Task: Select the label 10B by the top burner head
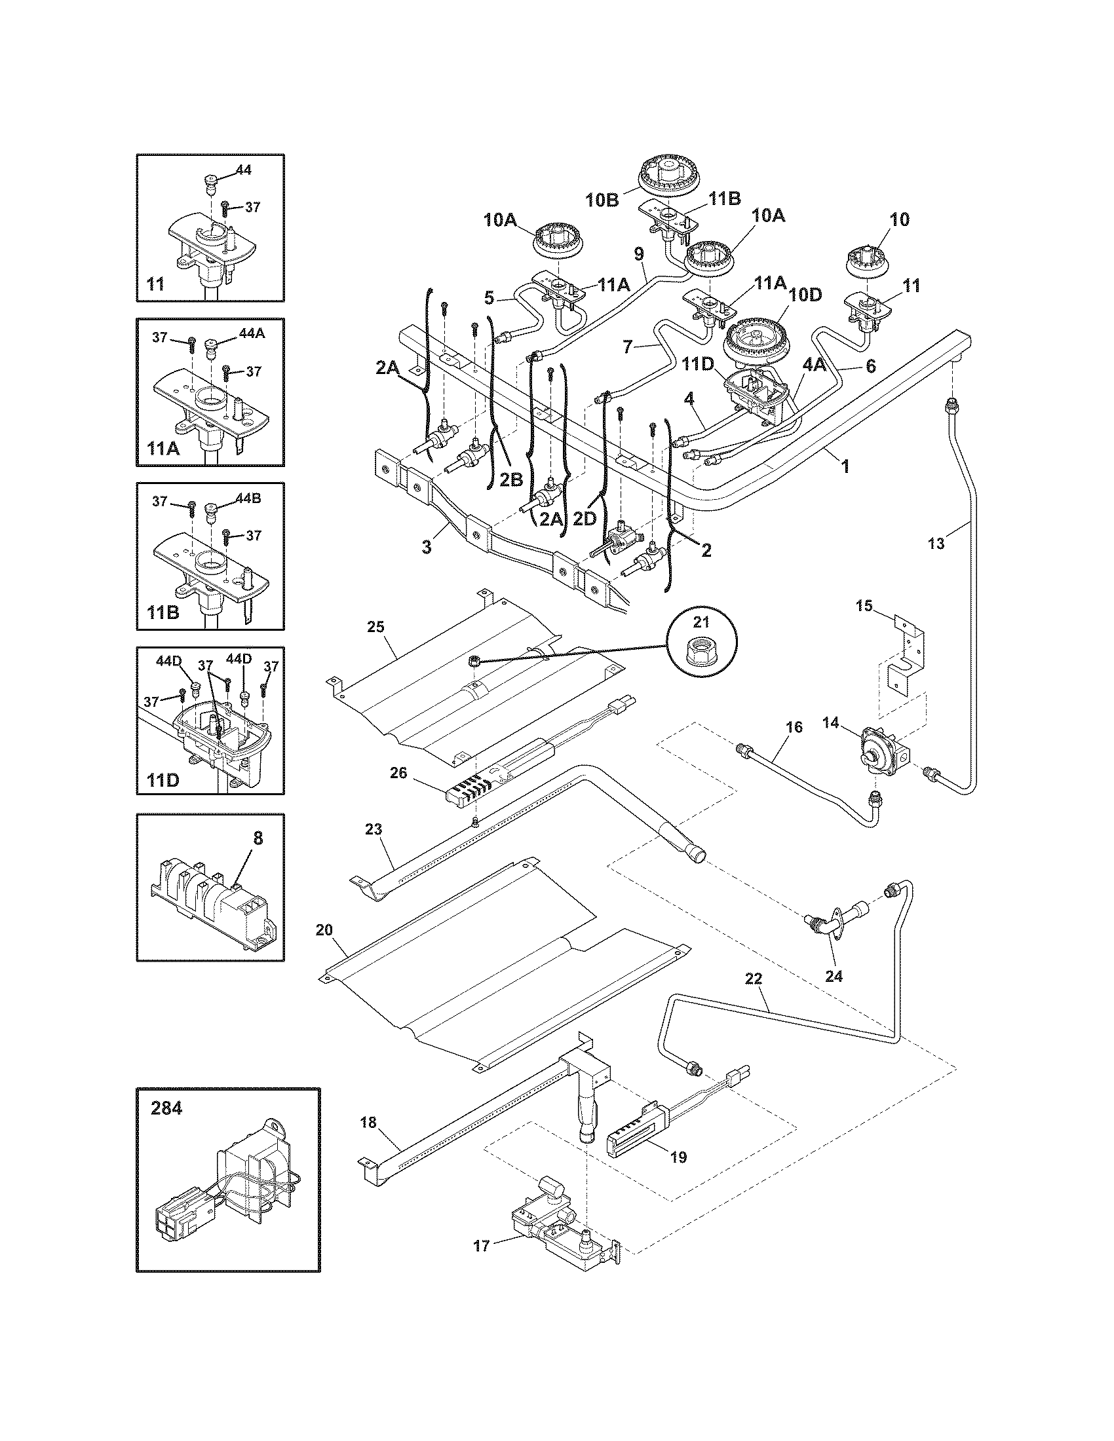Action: (602, 200)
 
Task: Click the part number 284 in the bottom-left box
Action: (166, 1108)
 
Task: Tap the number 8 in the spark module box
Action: (258, 837)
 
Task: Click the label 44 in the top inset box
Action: (243, 170)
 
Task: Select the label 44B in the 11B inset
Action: (249, 498)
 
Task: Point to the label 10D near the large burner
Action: (805, 295)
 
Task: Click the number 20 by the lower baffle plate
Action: (324, 929)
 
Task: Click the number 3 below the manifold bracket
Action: (427, 546)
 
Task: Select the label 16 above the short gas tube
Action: (795, 726)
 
